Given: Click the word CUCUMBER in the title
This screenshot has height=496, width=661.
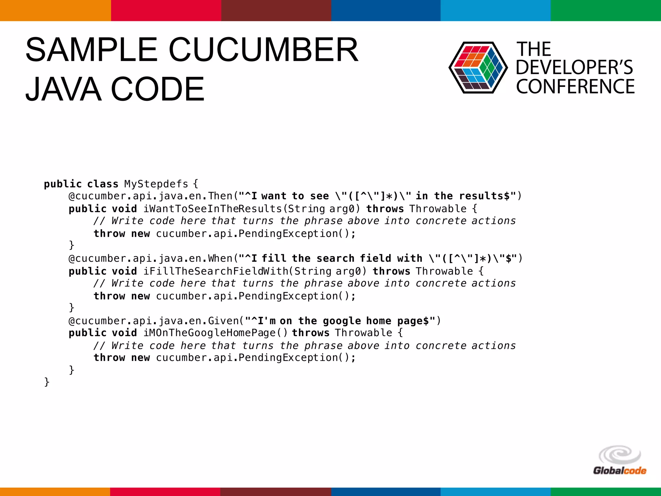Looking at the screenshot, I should [263, 50].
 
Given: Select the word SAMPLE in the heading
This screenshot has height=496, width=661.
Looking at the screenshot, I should [91, 50].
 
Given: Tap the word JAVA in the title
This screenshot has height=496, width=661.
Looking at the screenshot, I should [63, 89].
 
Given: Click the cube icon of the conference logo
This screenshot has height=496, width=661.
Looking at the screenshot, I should [478, 67].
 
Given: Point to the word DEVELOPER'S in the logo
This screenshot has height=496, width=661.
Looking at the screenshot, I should [574, 67].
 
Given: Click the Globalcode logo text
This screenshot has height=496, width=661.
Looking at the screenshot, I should [619, 471].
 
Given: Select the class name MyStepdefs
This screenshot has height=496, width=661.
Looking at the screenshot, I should [156, 184].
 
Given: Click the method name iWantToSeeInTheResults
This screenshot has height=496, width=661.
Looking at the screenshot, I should [213, 209].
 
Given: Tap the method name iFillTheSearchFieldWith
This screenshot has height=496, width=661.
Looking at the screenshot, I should [216, 271].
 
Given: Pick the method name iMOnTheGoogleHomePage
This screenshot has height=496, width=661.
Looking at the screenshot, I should [209, 333].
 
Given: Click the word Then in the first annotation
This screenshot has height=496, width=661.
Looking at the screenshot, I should [220, 196].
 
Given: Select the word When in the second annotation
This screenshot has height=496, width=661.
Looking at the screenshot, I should [220, 258].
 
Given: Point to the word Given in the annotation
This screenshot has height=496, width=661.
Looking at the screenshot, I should [223, 321].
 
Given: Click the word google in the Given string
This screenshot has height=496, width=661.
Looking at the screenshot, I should [341, 321].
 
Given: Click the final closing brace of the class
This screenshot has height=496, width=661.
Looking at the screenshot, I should [47, 382].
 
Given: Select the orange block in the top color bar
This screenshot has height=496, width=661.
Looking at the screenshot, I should [55, 10].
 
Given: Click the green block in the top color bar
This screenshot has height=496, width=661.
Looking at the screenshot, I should [605, 10].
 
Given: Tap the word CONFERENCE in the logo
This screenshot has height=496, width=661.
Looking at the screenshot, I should [575, 87].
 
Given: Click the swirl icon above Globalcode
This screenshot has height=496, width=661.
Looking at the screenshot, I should [619, 455].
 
